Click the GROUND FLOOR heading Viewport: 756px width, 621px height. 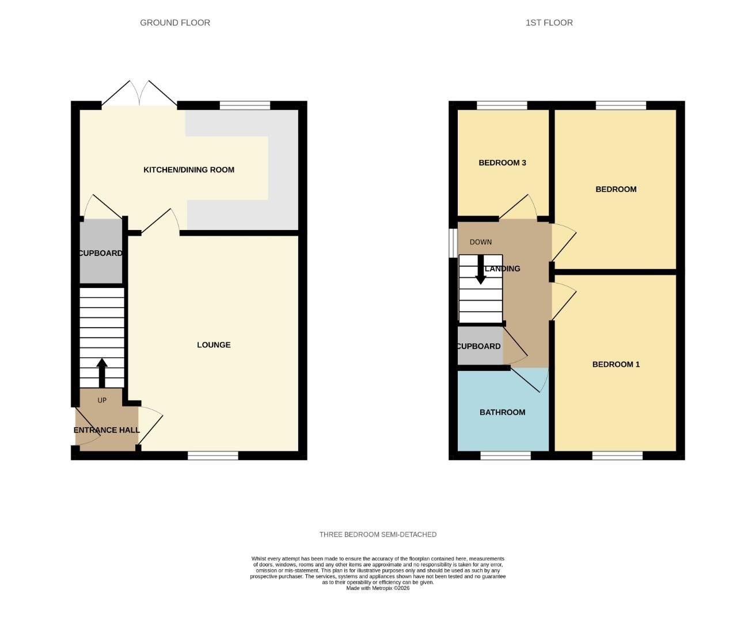point(175,22)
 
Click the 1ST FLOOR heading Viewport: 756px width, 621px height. point(549,22)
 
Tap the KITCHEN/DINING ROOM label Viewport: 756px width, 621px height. point(189,170)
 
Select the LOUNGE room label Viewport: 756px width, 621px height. point(214,345)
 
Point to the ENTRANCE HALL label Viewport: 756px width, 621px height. point(107,430)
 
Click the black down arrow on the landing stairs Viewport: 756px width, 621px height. point(480,270)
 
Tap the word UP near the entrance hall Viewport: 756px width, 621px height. point(102,400)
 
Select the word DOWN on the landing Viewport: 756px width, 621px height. point(481,242)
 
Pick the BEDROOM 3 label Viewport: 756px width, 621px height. point(502,163)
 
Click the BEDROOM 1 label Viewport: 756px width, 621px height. point(616,365)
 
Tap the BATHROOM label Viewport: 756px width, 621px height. point(502,412)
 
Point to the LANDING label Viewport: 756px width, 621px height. point(503,269)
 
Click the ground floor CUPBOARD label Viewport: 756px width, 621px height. point(101,253)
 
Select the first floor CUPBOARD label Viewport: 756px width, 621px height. point(478,346)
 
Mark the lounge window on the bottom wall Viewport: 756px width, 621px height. point(213,455)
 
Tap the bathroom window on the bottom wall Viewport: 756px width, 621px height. point(506,455)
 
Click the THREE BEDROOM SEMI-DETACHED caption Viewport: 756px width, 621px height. point(378,535)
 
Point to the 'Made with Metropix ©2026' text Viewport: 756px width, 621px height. point(378,588)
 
